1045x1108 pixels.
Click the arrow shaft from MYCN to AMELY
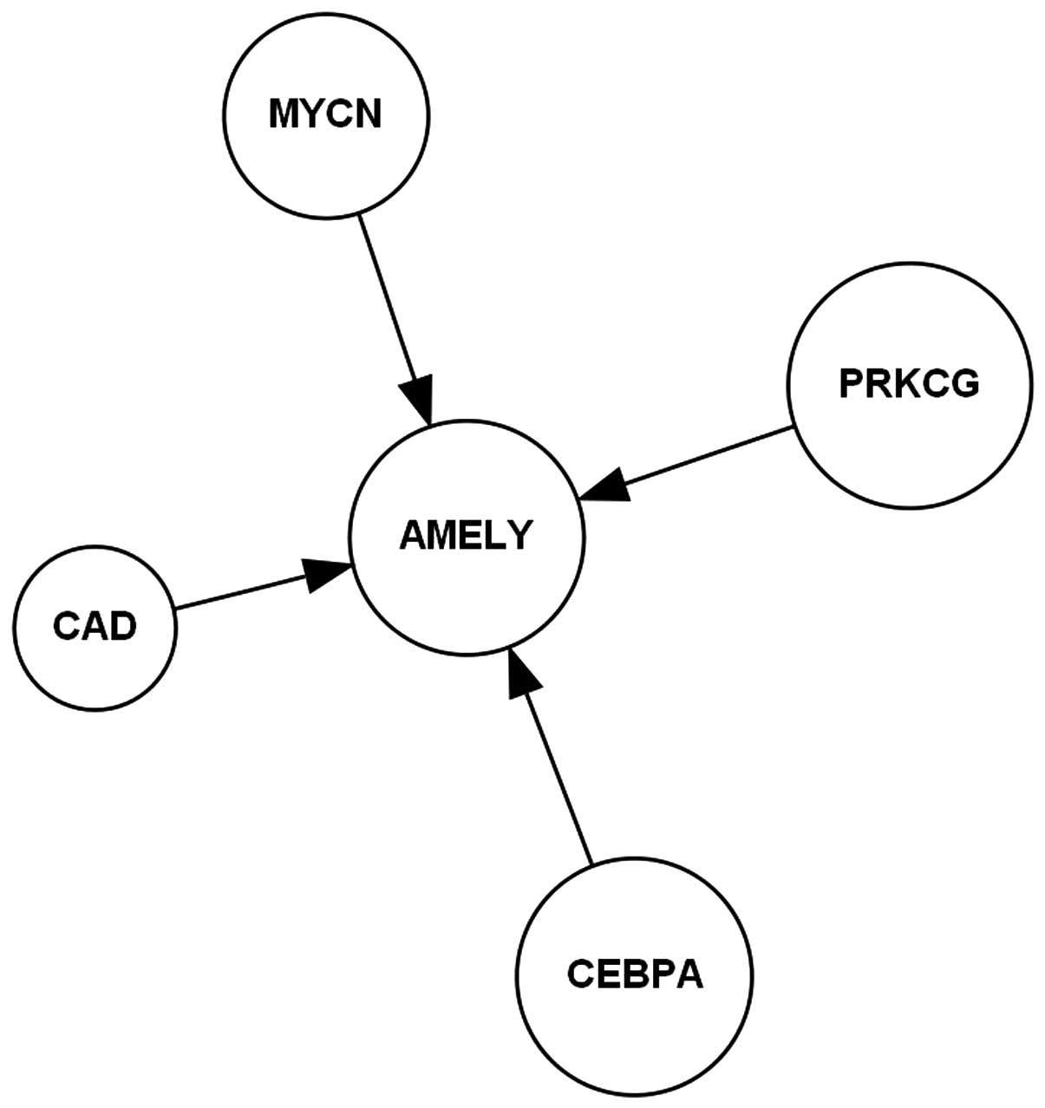coord(387,295)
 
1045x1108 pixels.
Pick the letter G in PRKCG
coord(963,383)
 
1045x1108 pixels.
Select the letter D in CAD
coord(122,625)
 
